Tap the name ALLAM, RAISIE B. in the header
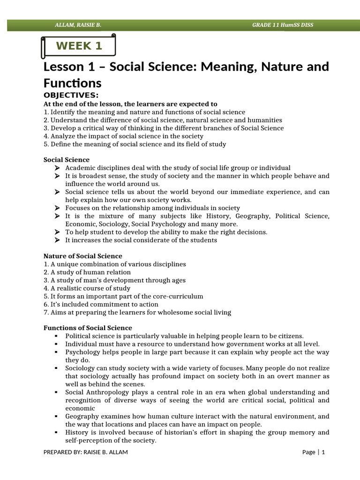coord(77,25)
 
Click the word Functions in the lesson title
coord(72,83)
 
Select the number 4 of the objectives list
coord(45,136)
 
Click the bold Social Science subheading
coord(66,160)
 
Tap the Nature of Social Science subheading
coord(82,256)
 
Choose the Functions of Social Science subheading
coord(88,328)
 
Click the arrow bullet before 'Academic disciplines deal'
coord(57,168)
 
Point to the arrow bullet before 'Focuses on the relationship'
coord(57,208)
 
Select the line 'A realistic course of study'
coord(90,288)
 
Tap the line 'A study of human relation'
coord(90,272)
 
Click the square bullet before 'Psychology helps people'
coord(56,352)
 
